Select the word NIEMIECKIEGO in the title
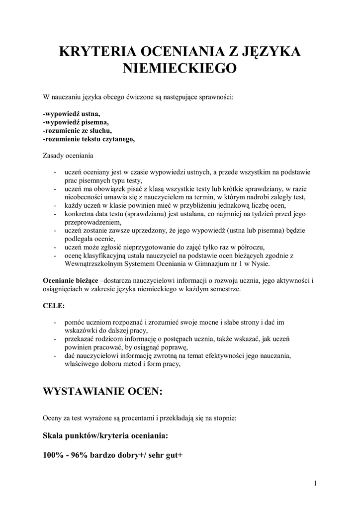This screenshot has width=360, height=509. pyautogui.click(x=180, y=69)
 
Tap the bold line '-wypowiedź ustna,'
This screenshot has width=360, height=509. pyautogui.click(x=72, y=113)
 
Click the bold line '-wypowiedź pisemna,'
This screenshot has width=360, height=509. pyautogui.click(x=76, y=122)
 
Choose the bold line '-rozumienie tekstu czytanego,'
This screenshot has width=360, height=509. pyautogui.click(x=89, y=139)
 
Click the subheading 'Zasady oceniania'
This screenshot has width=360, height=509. pyautogui.click(x=69, y=156)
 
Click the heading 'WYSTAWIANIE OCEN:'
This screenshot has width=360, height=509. pyautogui.click(x=103, y=392)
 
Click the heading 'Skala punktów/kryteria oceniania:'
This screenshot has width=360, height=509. pyautogui.click(x=106, y=436)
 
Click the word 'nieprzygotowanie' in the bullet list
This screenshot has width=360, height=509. pyautogui.click(x=157, y=247)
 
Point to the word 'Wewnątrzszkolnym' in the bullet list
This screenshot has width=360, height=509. pyautogui.click(x=92, y=264)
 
